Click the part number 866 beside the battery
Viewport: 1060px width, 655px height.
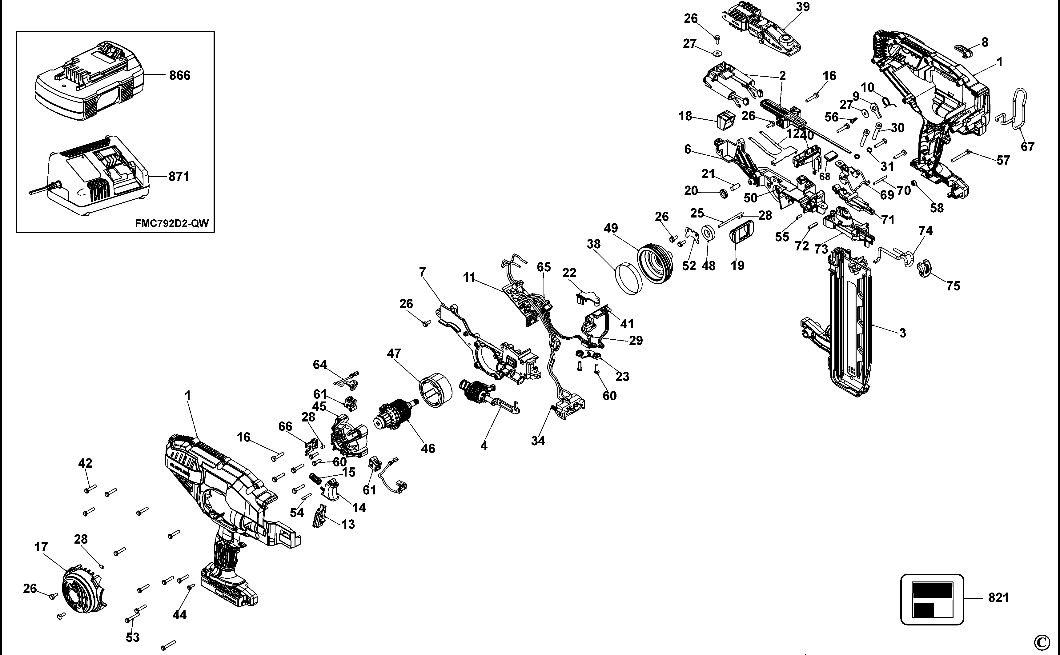[179, 75]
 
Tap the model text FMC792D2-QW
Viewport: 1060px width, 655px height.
[172, 224]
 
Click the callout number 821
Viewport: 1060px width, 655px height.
[998, 598]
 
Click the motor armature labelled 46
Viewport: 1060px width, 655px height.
[392, 416]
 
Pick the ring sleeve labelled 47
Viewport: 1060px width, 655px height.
[435, 390]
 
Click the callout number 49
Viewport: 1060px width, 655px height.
[611, 228]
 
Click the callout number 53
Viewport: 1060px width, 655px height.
[133, 637]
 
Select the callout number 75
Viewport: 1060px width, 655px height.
[953, 286]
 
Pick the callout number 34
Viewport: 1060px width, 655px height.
[538, 441]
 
